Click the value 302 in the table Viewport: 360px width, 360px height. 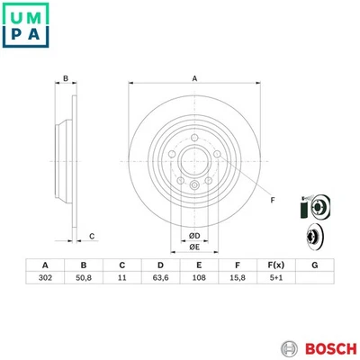pyautogui.click(x=43, y=280)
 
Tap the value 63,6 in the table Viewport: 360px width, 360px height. pyautogui.click(x=159, y=280)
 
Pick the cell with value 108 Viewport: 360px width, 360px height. pyautogui.click(x=198, y=280)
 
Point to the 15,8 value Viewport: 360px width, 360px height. pyautogui.click(x=237, y=280)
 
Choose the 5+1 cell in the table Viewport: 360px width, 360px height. pyautogui.click(x=275, y=280)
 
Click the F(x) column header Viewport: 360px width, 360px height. pyautogui.click(x=275, y=265)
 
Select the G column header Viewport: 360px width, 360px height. pyautogui.click(x=314, y=265)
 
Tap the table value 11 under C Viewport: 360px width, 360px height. pyautogui.click(x=121, y=280)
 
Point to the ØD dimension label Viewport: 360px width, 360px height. pyautogui.click(x=193, y=236)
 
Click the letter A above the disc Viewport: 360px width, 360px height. pyautogui.click(x=193, y=79)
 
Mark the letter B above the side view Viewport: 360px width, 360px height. pyautogui.click(x=66, y=79)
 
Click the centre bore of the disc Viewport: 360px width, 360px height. pyautogui.click(x=193, y=163)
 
